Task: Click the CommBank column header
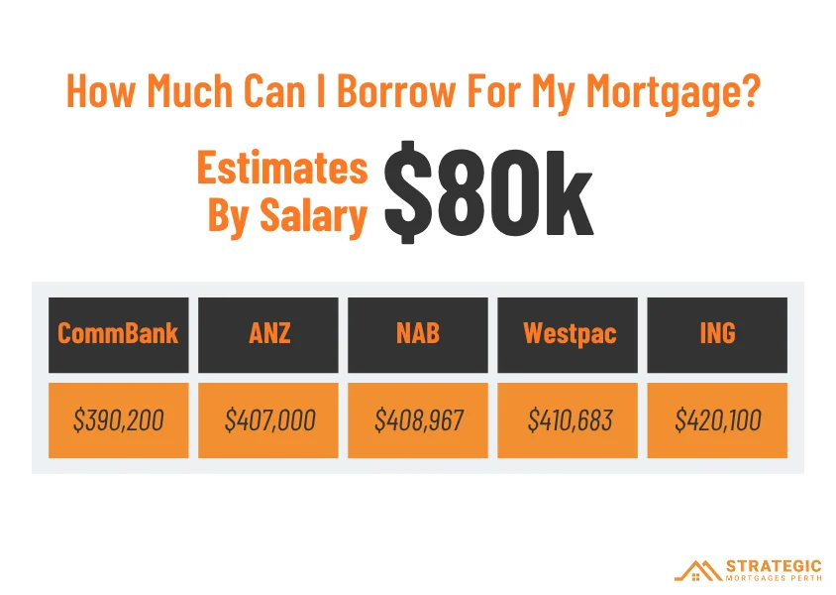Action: click(118, 334)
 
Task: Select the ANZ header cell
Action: click(268, 334)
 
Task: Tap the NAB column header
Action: click(418, 334)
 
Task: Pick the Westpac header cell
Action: click(568, 334)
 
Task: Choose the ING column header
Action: click(717, 334)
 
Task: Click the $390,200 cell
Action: click(118, 419)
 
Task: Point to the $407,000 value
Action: click(268, 419)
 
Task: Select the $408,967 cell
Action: click(418, 419)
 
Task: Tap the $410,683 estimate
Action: click(568, 419)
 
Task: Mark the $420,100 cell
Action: click(717, 419)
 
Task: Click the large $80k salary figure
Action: click(489, 192)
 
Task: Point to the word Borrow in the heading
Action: click(395, 90)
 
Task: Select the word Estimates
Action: click(282, 167)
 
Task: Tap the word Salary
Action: click(313, 216)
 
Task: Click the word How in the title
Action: click(101, 90)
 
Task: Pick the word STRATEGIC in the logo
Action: click(774, 566)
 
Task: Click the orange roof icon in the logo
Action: click(698, 570)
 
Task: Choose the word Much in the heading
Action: click(190, 90)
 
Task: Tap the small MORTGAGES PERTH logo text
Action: click(774, 578)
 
